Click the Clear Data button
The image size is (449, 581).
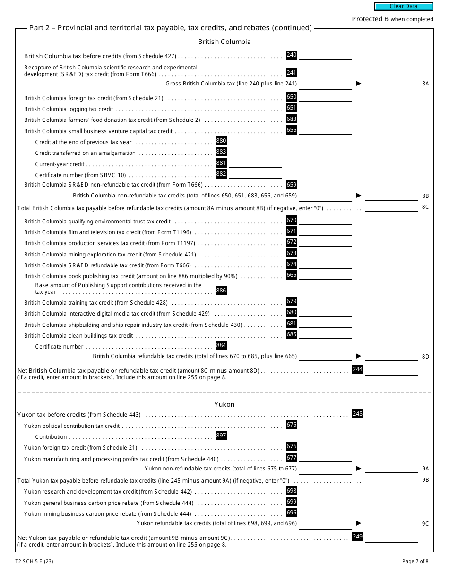(404, 7)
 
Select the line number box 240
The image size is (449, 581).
(292, 55)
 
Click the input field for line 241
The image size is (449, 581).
(326, 73)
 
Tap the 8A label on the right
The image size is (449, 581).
(425, 84)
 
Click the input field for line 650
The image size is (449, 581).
(326, 97)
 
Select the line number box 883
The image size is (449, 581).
(221, 152)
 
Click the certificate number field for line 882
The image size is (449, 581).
(255, 174)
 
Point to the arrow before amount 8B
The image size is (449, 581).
(359, 195)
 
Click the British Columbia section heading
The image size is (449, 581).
(224, 42)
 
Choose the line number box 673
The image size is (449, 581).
(292, 253)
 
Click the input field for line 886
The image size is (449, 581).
(255, 291)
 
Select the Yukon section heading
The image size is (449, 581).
(224, 404)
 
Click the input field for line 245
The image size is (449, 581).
(391, 414)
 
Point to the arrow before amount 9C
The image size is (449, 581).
(359, 523)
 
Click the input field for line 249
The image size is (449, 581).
(391, 537)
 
